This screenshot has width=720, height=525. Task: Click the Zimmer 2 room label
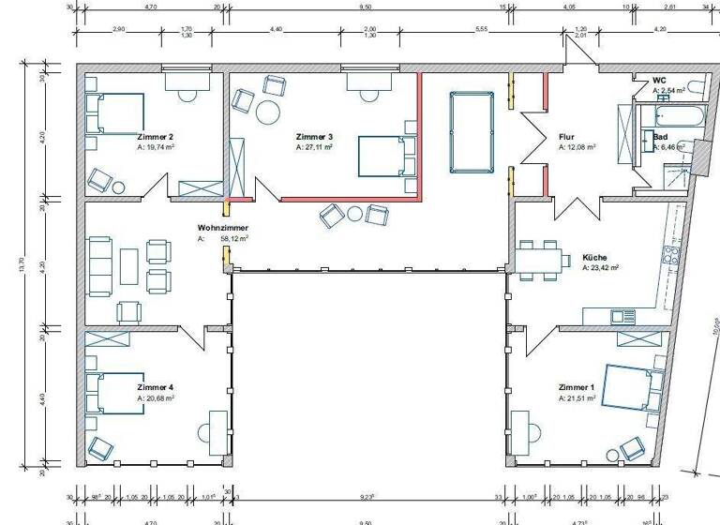coord(155,137)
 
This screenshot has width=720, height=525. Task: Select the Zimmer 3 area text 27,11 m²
coord(320,147)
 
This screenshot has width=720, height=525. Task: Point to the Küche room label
coord(594,257)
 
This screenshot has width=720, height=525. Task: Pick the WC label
coord(659,81)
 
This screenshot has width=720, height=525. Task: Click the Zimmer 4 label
coord(155,387)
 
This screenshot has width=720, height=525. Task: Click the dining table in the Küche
coord(540,259)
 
